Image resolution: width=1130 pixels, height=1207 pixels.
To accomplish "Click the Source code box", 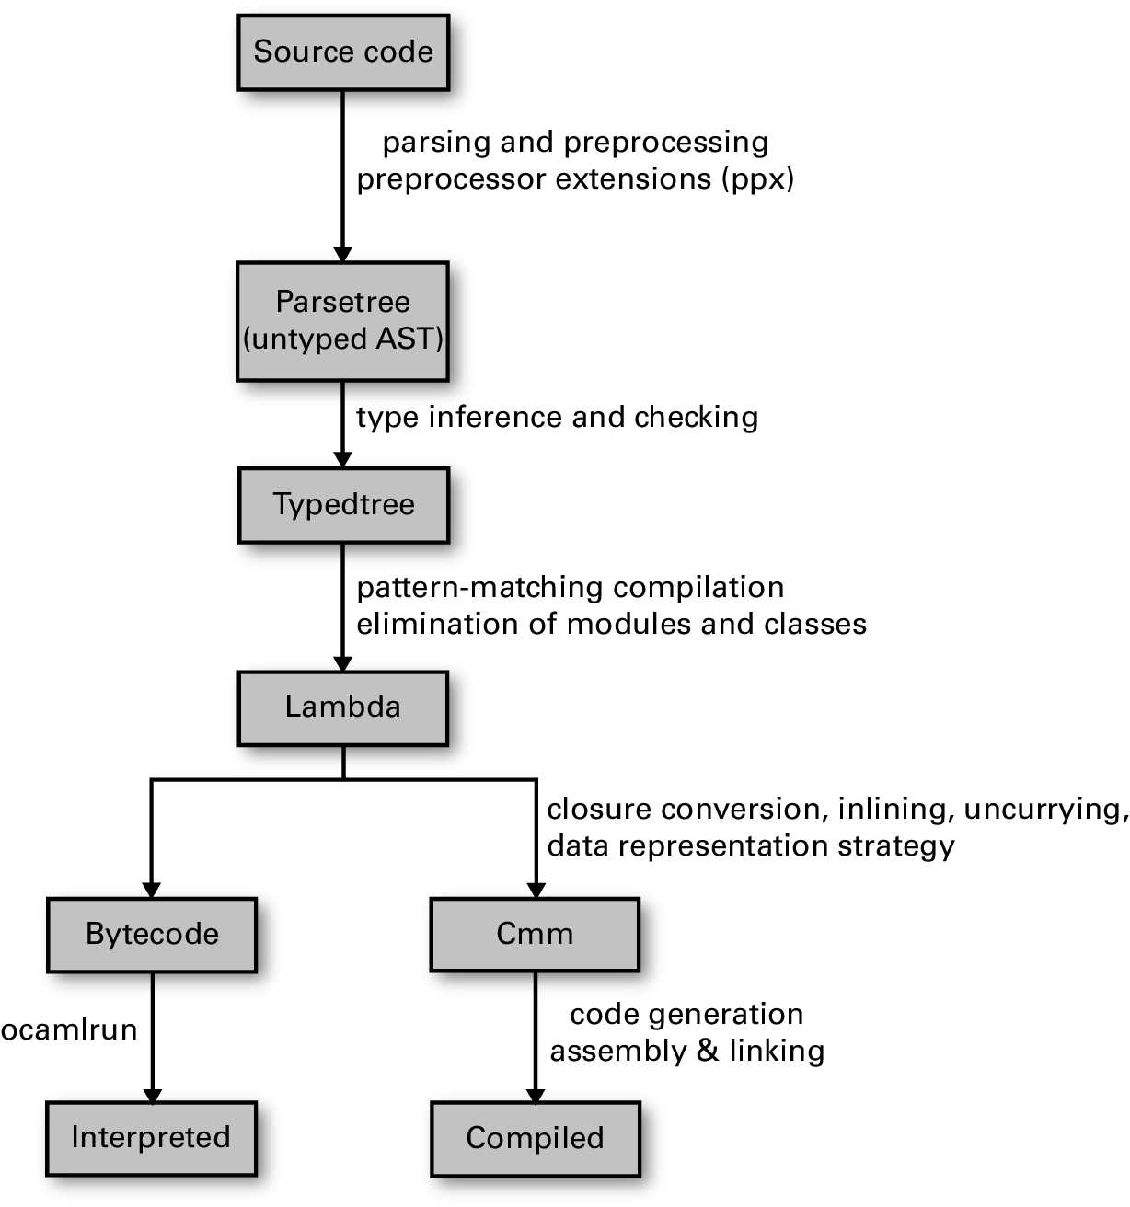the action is (x=343, y=52).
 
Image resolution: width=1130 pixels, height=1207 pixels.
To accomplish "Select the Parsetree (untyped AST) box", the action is (x=343, y=321).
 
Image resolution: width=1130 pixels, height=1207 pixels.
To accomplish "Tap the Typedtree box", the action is (x=343, y=505).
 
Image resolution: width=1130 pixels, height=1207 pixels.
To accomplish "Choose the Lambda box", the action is (x=343, y=708).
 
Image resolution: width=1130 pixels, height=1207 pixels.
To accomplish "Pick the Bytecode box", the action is (x=152, y=935).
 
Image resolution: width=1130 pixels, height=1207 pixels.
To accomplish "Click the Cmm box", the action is (x=536, y=935).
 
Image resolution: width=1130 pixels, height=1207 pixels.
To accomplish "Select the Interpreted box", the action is (x=152, y=1138).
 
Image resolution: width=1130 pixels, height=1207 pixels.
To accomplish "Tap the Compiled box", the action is (x=536, y=1139).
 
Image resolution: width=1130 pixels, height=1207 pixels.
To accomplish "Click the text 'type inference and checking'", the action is (x=557, y=419).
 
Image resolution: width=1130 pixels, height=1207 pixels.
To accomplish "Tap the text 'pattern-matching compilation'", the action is (x=571, y=588).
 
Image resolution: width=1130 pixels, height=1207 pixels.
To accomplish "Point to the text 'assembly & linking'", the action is (x=687, y=1051).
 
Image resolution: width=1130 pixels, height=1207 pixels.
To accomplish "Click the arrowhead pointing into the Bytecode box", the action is (x=152, y=889).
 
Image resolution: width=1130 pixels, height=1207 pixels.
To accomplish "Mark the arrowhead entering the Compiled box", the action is (x=536, y=1093).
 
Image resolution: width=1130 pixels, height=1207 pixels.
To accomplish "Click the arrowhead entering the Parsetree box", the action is (x=343, y=253).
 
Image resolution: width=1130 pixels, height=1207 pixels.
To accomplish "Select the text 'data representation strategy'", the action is (x=751, y=846).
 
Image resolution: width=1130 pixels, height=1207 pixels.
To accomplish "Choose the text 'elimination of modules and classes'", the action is (x=612, y=624).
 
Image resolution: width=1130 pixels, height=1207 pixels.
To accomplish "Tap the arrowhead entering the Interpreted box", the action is (x=152, y=1093).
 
